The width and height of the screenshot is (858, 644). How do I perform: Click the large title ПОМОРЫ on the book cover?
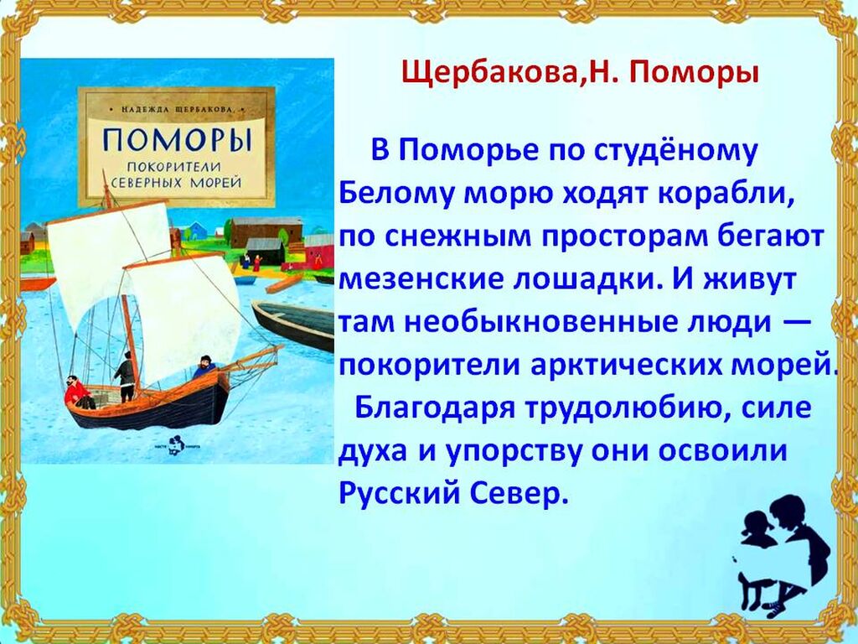click(x=178, y=140)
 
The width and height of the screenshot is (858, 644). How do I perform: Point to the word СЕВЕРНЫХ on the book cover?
click(x=147, y=182)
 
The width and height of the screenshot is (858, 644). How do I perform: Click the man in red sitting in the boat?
click(x=78, y=392)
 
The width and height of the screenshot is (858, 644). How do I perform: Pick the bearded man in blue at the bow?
click(x=204, y=367)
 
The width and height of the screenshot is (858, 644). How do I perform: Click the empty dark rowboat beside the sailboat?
click(x=292, y=324)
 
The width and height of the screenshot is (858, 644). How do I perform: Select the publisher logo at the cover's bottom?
click(x=176, y=444)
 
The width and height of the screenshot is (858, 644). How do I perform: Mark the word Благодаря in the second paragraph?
click(x=435, y=408)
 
